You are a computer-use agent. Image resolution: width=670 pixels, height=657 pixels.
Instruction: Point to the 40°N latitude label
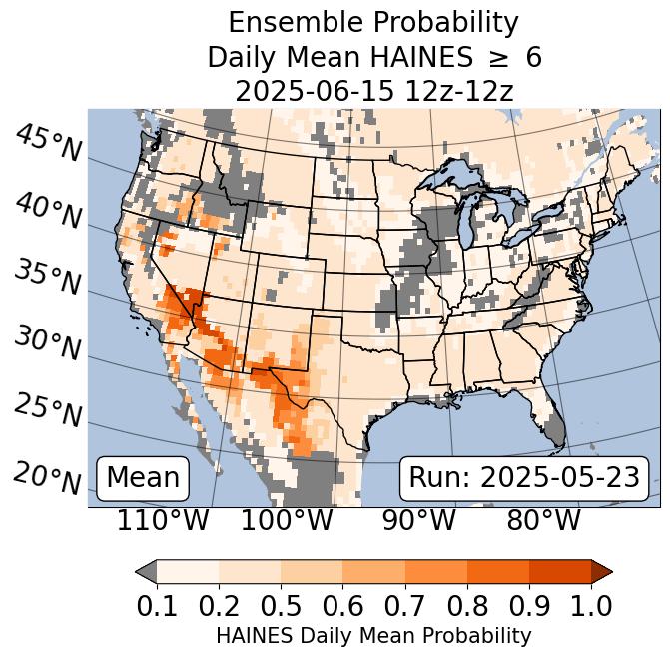click(47, 211)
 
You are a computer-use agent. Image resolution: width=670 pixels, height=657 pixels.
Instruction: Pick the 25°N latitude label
click(47, 410)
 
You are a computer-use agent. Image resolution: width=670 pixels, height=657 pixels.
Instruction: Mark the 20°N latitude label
click(47, 477)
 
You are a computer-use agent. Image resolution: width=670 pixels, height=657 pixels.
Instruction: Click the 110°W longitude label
click(163, 520)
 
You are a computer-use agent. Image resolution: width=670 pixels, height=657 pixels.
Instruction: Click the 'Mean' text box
click(143, 478)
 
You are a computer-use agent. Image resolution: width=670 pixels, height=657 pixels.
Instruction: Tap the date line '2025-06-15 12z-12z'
click(373, 91)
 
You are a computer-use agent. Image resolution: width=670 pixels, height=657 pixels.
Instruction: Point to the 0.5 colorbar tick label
click(281, 605)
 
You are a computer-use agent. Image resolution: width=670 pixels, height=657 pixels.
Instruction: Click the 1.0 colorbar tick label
click(591, 605)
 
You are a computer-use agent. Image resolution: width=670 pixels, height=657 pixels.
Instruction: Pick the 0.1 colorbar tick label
click(157, 605)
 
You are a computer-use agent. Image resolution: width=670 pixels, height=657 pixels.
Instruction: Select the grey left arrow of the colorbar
click(146, 572)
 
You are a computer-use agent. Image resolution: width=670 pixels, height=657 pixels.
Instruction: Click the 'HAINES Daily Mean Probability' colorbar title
click(373, 635)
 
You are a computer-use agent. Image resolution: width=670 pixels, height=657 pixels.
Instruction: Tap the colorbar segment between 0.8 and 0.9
click(498, 572)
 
